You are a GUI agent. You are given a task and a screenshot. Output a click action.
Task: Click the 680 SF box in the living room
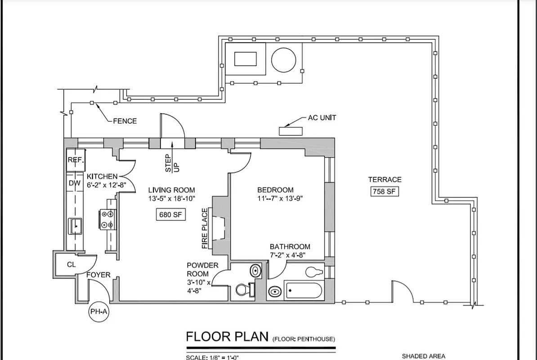coord(170,215)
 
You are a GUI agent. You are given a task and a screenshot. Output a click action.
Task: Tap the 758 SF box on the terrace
coord(385,191)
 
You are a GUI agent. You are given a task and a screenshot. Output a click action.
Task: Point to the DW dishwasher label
coord(75,183)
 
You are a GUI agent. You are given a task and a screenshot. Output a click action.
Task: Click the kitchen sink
coord(76,225)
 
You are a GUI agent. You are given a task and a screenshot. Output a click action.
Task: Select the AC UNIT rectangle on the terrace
coord(291,131)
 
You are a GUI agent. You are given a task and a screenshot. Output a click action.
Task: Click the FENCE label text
coord(125,121)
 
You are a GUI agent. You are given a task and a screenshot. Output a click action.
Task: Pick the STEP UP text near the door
coord(172,163)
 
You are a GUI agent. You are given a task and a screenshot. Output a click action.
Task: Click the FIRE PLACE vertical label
coord(205,228)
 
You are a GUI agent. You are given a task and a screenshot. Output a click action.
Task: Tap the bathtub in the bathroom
coord(303,290)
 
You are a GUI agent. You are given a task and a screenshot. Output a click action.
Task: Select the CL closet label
coord(72,265)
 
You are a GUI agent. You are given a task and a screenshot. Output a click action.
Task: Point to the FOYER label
coord(98,275)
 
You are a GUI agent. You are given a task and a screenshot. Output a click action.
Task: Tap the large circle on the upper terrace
coord(284,59)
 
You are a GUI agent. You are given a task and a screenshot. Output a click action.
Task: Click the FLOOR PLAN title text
coord(227,337)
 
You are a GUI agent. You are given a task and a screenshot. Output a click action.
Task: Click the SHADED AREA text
coord(424,356)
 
